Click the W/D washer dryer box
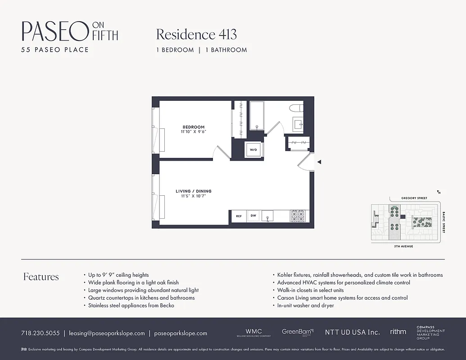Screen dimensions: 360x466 coord(253,150)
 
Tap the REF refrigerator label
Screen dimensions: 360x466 coord(239,216)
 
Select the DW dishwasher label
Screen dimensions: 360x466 coord(253,216)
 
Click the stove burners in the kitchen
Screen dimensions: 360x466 coord(298,216)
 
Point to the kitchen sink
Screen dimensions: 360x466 coord(269,216)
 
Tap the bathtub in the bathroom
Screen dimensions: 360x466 coord(257,116)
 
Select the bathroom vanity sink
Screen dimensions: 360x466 coord(298,124)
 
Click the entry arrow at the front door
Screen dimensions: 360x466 coord(319,162)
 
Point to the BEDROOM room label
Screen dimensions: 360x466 coord(194,127)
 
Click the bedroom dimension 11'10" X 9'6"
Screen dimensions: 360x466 coord(194,132)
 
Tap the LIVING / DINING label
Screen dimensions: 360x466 coord(194,191)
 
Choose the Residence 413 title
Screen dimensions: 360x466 coord(196,34)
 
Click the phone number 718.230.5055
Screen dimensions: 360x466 coord(40,333)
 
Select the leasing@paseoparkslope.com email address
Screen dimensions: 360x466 coord(107,333)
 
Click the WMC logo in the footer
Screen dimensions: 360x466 coord(253,332)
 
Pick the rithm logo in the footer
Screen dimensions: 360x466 coord(398,332)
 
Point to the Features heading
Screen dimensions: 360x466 coord(41,277)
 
